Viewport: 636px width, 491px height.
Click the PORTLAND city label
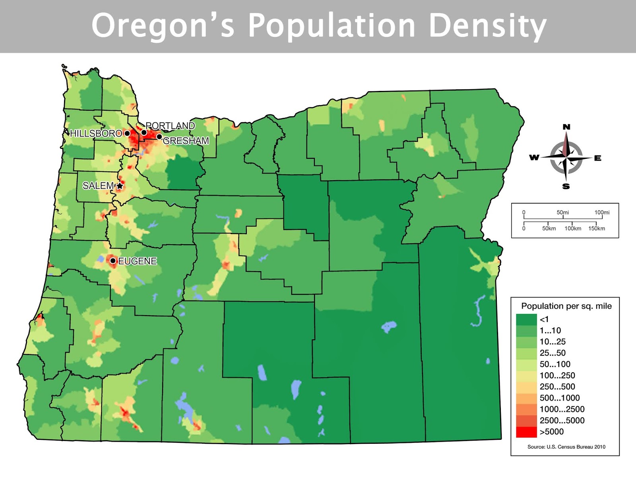[170, 126]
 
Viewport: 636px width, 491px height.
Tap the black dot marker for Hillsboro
[127, 133]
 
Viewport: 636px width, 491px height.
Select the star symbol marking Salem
[120, 186]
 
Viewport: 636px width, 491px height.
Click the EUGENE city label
[138, 261]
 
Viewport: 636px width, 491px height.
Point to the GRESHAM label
[186, 141]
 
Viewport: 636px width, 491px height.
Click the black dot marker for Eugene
[113, 261]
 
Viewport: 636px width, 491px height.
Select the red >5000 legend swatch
[526, 432]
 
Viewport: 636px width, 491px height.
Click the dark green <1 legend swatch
[526, 319]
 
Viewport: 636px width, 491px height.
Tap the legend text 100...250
[557, 375]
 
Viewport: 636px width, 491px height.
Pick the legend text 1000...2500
[562, 409]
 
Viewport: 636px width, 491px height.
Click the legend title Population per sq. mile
[566, 306]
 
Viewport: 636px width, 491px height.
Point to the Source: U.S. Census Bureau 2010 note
[566, 447]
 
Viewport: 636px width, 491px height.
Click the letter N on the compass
[566, 127]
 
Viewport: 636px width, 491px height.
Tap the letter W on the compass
[534, 158]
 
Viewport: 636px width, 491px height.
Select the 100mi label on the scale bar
[601, 212]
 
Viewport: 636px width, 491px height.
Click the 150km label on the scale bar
[596, 229]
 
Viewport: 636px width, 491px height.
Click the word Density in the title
[487, 26]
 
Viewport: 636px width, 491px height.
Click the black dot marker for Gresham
[159, 137]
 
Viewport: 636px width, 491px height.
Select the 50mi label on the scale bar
[562, 212]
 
